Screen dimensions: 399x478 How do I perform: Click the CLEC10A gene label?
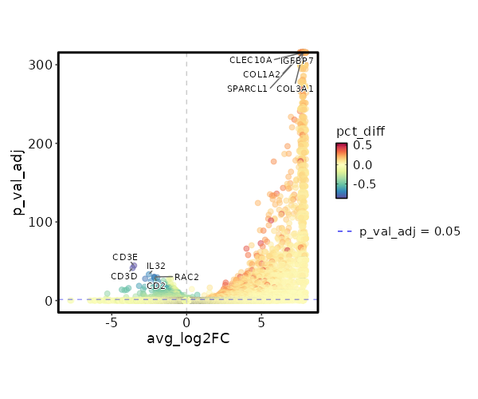(251, 60)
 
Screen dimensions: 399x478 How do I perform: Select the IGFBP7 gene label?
(296, 61)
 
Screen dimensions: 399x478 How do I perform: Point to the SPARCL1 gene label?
(247, 89)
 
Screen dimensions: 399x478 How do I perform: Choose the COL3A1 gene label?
(295, 89)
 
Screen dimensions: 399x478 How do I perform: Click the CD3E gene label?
(125, 257)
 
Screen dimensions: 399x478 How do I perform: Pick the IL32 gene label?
(156, 266)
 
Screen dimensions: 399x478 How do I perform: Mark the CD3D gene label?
(124, 276)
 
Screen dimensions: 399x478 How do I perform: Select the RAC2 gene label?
(186, 277)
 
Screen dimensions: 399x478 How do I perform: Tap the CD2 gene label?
(156, 286)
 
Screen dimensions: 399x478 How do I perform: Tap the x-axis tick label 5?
(261, 322)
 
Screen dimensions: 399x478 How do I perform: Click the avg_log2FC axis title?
(188, 339)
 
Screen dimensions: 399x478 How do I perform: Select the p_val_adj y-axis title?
(18, 183)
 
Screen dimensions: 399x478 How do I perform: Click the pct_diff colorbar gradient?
(342, 170)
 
